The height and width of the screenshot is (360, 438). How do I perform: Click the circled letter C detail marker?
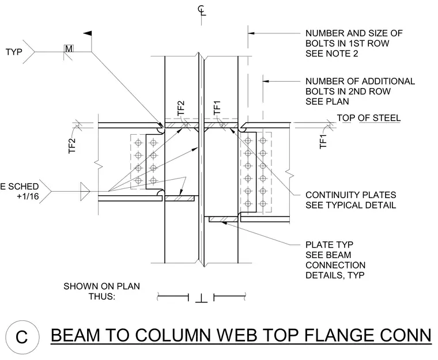pos(22,337)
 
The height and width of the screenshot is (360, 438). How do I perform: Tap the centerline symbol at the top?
pos(201,10)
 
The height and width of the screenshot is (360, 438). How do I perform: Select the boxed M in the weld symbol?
pos(69,48)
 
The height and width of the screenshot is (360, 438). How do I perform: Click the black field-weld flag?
pos(88,33)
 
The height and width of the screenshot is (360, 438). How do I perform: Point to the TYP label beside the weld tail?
pos(14,52)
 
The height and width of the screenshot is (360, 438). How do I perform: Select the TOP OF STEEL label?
pos(369,118)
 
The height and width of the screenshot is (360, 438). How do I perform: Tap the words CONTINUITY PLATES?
pos(350,195)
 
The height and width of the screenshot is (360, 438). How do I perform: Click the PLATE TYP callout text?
pos(329,245)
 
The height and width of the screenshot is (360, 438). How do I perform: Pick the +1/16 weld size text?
pos(28,196)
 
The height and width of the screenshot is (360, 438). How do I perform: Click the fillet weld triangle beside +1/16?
pos(85,191)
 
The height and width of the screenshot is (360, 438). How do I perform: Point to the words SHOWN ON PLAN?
pos(101,286)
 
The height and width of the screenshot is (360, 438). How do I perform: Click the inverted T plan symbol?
pos(201,298)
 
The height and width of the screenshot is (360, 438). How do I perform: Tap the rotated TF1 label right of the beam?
pos(323,142)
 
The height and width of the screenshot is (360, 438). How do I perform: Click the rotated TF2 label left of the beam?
pos(72,146)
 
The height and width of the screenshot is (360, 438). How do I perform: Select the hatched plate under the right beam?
pos(223,219)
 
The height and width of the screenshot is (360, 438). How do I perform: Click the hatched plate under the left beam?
pos(179,198)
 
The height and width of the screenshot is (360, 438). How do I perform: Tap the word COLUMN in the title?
pos(173,335)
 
